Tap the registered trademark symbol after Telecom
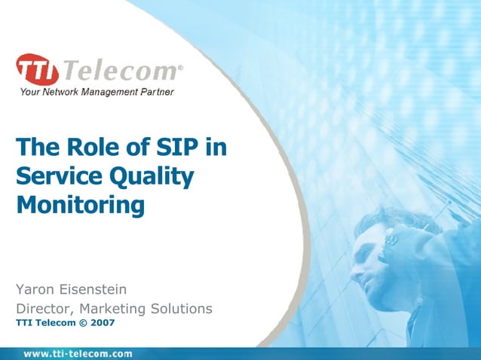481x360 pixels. click(179, 68)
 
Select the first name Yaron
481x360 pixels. click(38, 289)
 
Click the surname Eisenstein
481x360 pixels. click(101, 289)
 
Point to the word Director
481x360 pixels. click(44, 309)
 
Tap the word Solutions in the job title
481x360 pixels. click(180, 309)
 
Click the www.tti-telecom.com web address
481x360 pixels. click(78, 353)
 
